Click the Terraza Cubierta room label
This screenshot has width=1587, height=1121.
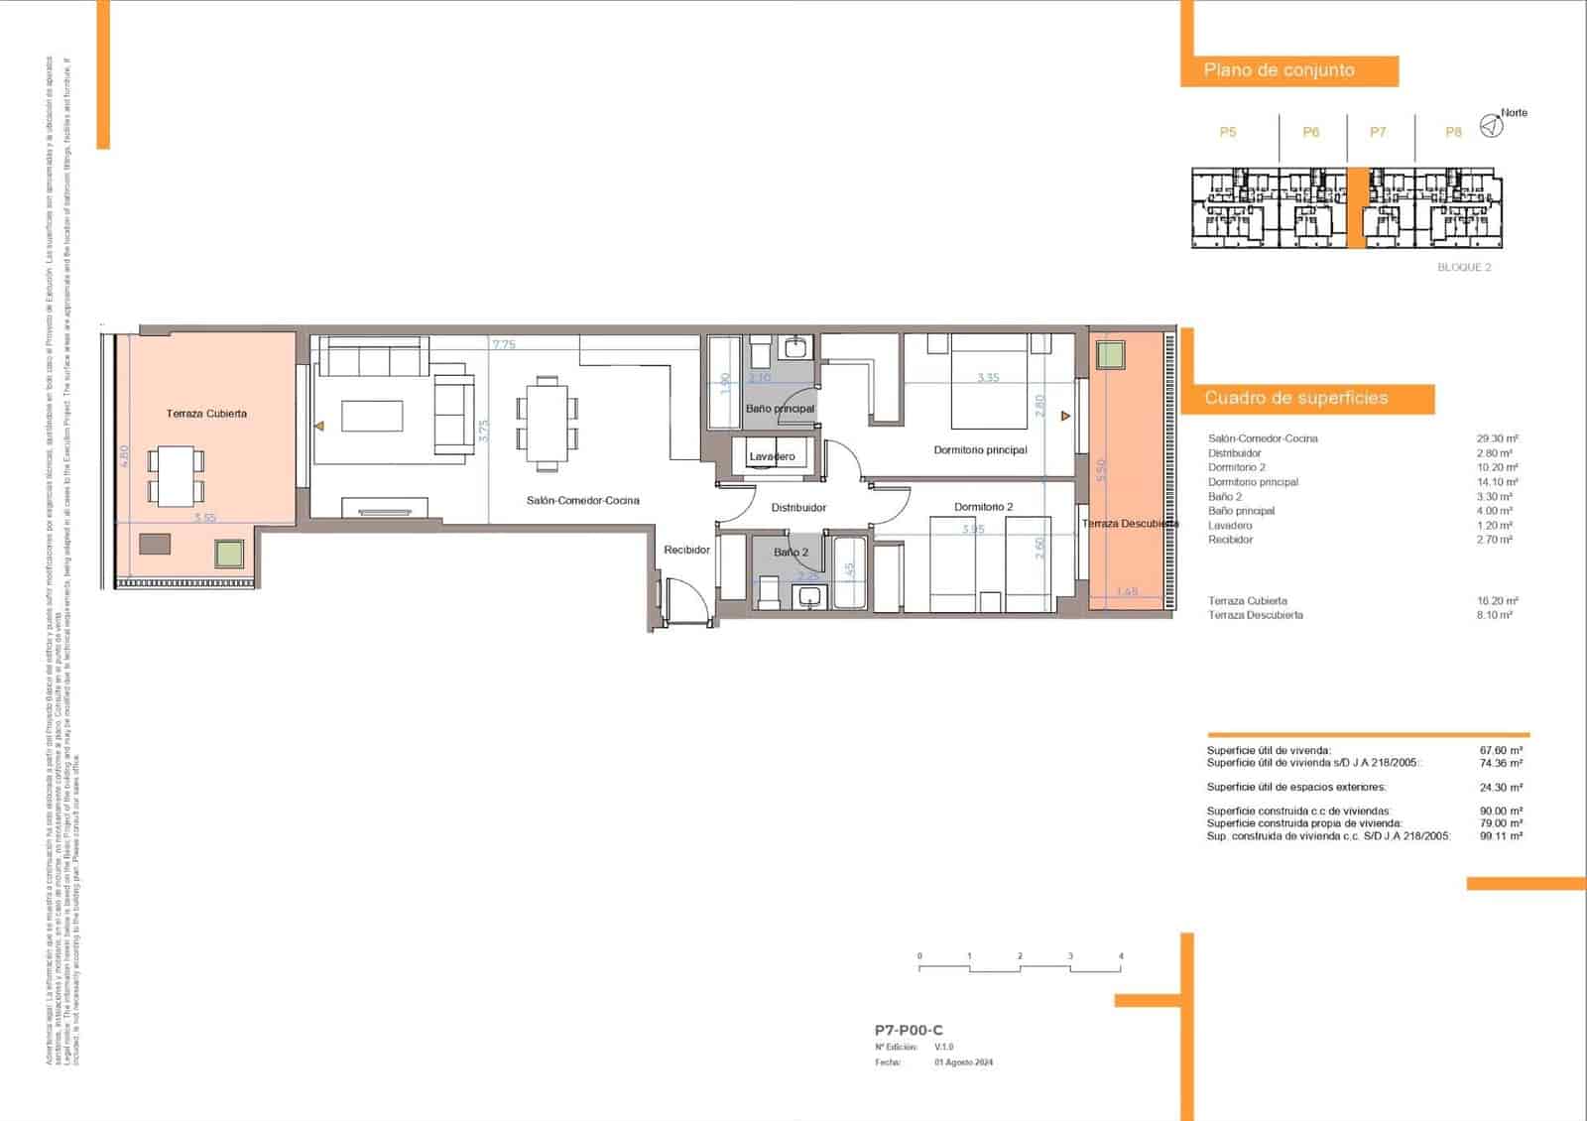tap(206, 413)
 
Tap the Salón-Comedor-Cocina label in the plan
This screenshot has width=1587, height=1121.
tap(582, 501)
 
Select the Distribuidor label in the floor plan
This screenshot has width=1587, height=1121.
tap(798, 507)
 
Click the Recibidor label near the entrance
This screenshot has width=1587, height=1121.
tap(686, 550)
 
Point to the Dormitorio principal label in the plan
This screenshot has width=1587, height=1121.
tap(980, 449)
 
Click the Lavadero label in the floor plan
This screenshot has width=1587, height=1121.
tap(772, 456)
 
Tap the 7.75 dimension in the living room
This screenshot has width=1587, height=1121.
tap(504, 345)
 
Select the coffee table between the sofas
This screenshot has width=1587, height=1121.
tap(372, 416)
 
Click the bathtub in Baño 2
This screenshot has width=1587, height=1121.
tap(850, 573)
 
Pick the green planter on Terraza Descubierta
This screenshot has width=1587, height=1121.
tap(1110, 354)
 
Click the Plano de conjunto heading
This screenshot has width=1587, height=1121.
tap(1279, 70)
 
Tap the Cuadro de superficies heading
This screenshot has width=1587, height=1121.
tap(1295, 398)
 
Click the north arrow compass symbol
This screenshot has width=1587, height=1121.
tap(1490, 126)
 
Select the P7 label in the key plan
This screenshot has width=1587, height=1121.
tap(1378, 132)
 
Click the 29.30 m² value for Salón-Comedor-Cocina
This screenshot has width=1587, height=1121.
tap(1497, 438)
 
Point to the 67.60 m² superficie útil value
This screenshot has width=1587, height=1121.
tap(1501, 751)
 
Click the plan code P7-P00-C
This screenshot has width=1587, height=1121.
tap(909, 1031)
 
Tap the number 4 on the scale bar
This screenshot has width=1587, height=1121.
tap(1121, 956)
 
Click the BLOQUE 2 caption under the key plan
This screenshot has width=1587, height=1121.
tap(1464, 267)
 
